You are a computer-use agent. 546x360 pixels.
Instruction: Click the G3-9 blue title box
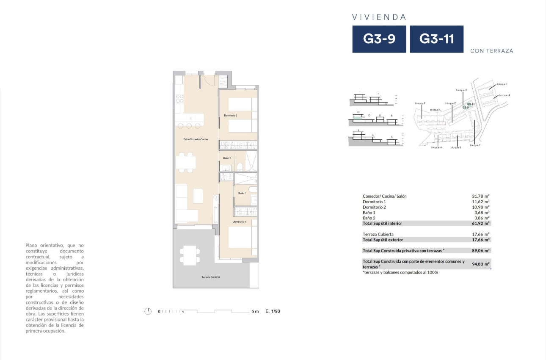click(379, 39)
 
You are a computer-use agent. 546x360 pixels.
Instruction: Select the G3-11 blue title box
click(436, 39)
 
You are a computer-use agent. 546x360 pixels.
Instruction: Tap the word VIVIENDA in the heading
click(379, 17)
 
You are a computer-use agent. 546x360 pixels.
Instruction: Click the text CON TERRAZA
click(491, 51)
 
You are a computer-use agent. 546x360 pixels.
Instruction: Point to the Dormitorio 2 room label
click(231, 116)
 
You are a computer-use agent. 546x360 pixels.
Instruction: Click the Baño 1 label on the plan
click(242, 193)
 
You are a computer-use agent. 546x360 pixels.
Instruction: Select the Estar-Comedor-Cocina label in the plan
click(196, 139)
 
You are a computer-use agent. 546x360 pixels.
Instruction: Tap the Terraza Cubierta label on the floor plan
click(210, 277)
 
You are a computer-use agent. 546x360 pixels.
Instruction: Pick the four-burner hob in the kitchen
click(179, 99)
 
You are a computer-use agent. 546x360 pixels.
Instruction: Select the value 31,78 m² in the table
click(480, 197)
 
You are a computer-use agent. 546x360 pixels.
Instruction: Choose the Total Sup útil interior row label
click(382, 223)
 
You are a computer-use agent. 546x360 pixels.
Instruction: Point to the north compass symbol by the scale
click(148, 311)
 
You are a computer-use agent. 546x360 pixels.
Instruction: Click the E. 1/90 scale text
click(273, 311)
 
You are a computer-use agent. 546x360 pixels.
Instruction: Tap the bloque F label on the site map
click(420, 103)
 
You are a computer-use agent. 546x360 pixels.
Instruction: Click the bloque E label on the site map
click(475, 145)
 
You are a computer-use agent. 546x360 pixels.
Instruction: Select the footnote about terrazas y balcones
click(400, 272)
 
